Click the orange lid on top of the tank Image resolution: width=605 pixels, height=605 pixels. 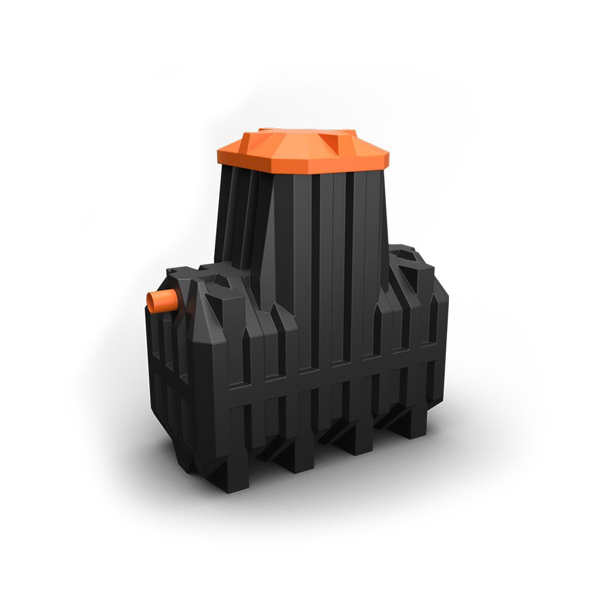tap(302, 151)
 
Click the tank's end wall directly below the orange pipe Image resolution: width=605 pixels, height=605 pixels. tap(166, 363)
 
